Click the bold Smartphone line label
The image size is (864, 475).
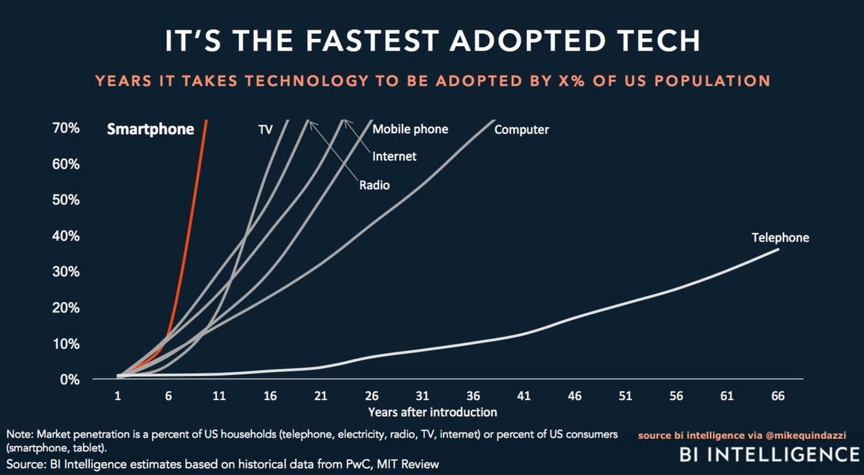tap(150, 130)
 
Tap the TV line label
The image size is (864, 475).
tap(264, 130)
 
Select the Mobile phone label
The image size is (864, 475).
tap(410, 129)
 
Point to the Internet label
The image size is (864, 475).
tap(394, 156)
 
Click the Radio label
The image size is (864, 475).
tap(374, 185)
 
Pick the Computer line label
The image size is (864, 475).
tap(521, 130)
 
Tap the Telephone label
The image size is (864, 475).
tap(780, 236)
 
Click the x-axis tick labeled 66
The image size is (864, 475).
tap(777, 396)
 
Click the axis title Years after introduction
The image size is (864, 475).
tap(432, 412)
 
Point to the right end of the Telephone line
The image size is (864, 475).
tap(778, 249)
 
